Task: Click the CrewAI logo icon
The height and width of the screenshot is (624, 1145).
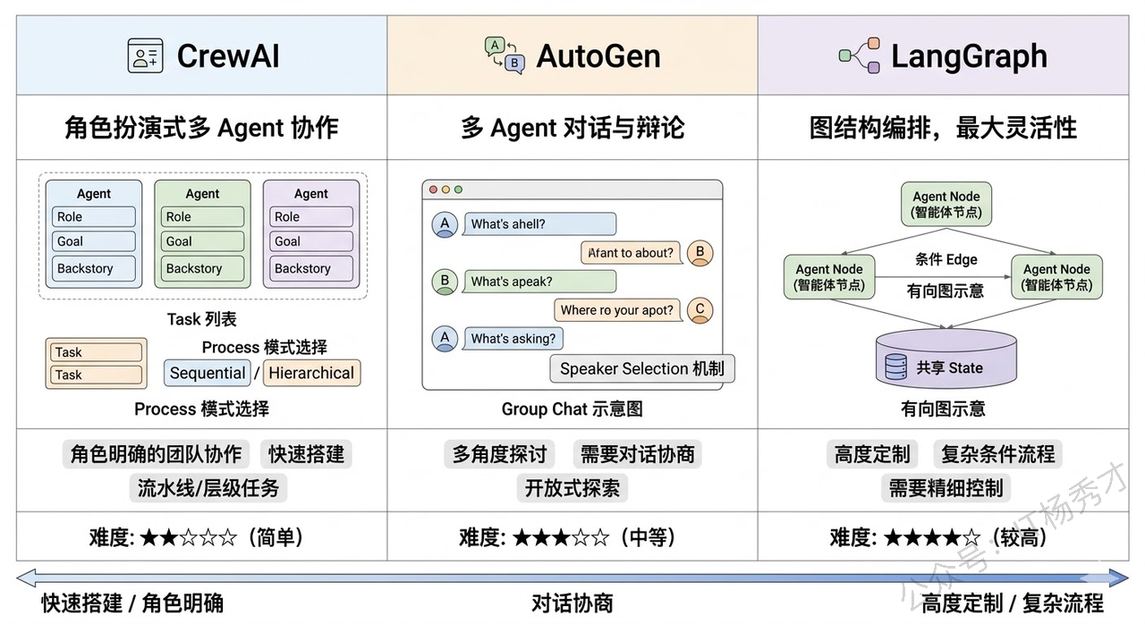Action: coord(145,55)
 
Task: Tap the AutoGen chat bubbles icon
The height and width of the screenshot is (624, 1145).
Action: coord(504,55)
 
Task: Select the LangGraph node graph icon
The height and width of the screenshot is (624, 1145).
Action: coord(860,55)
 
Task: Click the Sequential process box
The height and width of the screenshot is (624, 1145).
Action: coord(208,373)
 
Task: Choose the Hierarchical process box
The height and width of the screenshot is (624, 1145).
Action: coord(311,373)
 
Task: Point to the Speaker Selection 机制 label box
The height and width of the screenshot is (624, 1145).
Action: coord(641,368)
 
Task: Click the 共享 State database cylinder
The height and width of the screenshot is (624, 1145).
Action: coord(946,358)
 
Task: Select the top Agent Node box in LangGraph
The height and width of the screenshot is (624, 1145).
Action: coord(946,204)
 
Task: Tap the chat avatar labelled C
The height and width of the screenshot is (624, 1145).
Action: coord(700,309)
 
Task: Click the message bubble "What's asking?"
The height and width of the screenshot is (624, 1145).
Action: coord(513,339)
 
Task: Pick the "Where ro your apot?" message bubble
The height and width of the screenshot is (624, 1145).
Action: coord(616,310)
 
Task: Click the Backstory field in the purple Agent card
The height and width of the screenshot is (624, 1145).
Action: coord(310,268)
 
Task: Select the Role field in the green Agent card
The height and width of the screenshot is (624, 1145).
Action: coord(202,216)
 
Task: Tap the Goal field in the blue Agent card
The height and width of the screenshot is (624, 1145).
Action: coord(93,241)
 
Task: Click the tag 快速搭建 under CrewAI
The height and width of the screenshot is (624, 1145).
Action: coord(306,454)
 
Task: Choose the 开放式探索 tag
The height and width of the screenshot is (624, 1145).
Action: coord(572,488)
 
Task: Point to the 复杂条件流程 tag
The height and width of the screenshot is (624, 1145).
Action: coord(997,454)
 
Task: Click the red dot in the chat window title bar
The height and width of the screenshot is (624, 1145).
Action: coord(434,190)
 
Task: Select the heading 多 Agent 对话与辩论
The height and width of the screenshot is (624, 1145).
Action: coord(572,128)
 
